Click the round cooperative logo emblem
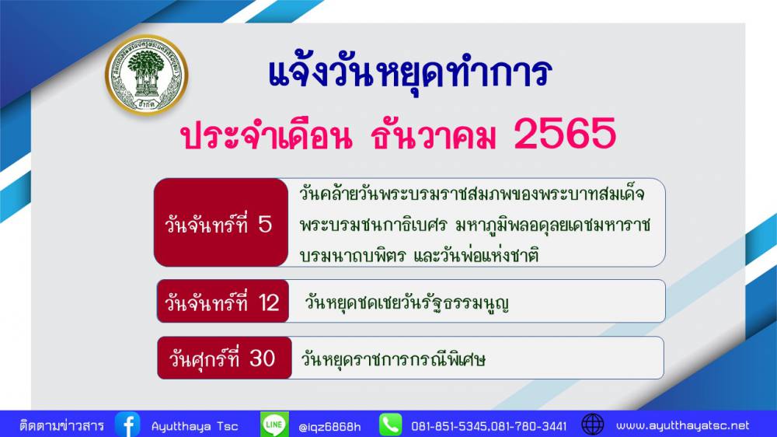[x=147, y=75]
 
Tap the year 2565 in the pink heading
[x=565, y=134]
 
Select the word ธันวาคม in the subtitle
[x=434, y=135]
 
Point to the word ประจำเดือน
[x=267, y=135]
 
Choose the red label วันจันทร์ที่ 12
[x=222, y=301]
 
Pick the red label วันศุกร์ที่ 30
[x=224, y=358]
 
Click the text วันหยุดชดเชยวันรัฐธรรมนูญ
[x=407, y=302]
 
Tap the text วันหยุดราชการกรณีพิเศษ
[x=393, y=358]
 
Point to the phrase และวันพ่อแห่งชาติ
[x=476, y=256]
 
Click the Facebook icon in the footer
[x=128, y=425]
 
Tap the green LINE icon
[x=274, y=425]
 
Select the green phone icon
[x=391, y=425]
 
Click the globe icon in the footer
[x=593, y=425]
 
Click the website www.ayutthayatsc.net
[x=682, y=425]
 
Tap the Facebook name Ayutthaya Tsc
[x=195, y=426]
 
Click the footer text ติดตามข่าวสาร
[x=62, y=425]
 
